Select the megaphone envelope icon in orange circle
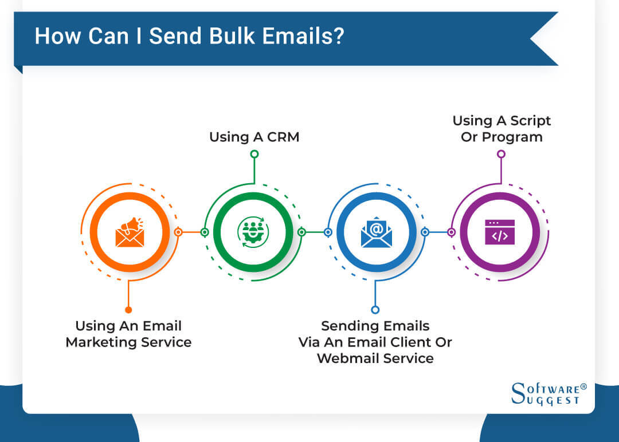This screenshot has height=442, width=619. click(x=130, y=232)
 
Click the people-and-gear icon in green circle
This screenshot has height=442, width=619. click(x=253, y=232)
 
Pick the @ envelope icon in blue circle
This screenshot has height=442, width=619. click(x=376, y=232)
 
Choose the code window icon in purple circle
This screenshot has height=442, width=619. click(x=500, y=232)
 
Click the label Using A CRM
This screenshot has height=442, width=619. click(x=254, y=137)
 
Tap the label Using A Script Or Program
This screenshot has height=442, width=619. click(x=502, y=129)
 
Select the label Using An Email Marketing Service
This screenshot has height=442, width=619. click(x=128, y=334)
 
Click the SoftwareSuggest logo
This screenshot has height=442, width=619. click(x=548, y=394)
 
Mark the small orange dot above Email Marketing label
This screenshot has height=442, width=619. click(x=128, y=310)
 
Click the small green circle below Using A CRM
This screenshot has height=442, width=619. click(x=254, y=154)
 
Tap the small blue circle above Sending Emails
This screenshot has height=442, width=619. click(x=375, y=310)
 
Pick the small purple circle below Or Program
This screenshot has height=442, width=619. click(x=502, y=154)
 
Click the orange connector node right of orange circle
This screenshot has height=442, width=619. click(x=178, y=232)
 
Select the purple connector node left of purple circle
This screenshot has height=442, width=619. click(x=451, y=232)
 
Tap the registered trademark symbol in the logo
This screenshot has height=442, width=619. click(x=583, y=387)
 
